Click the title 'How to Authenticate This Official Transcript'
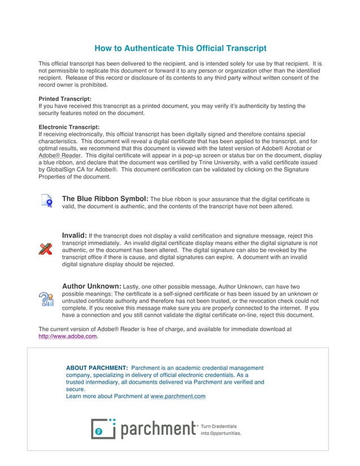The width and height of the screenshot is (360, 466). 180,49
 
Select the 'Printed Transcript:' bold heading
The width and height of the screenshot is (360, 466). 64,99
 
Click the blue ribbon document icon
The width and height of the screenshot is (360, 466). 46,201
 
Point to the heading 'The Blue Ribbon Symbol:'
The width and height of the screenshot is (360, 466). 105,199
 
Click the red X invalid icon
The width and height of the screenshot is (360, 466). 45,249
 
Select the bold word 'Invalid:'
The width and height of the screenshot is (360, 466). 74,235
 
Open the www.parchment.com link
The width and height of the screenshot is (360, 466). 178,396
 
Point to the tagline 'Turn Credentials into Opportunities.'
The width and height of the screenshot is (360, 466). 221,430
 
